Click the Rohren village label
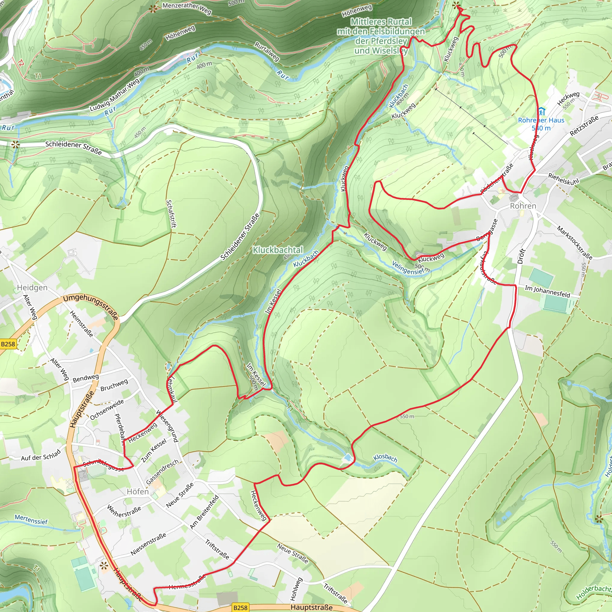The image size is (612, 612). coord(523,206)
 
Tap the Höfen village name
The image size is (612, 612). coord(137,492)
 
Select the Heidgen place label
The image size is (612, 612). coord(32,288)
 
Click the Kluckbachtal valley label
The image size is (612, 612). coord(278,250)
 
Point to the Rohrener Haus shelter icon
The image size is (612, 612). coord(541,111)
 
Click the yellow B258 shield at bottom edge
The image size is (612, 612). coord(240,607)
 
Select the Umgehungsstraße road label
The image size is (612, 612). coord(91,307)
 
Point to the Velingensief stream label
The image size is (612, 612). coord(408,268)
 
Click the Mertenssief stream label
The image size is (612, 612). coord(31,519)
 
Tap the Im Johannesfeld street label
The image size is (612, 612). coord(547,291)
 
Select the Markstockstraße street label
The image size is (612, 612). coord(574,243)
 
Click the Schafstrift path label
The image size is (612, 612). coord(171,214)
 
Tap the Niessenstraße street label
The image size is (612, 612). coord(148,544)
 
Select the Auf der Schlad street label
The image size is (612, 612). coord(41,455)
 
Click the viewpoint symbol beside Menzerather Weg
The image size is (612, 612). coord(153,9)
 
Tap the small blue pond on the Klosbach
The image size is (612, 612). coord(348,458)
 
